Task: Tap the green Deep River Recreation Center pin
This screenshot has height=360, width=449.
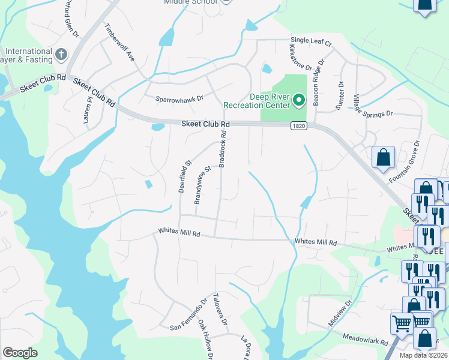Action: point(299,99)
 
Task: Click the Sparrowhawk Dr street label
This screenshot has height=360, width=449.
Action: point(179,97)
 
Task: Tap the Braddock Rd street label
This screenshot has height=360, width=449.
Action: point(223,149)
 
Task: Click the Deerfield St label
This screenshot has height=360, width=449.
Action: point(184,175)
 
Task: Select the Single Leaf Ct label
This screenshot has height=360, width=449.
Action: point(311,41)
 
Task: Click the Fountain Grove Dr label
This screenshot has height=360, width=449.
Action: point(411,159)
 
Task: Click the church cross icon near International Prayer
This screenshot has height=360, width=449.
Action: point(61,55)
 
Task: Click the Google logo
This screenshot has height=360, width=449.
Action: point(20,352)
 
